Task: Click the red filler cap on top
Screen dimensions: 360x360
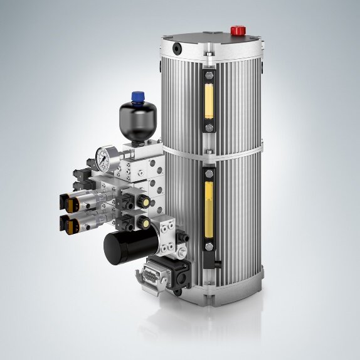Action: click(238, 30)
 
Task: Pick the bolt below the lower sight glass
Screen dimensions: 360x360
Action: click(208, 258)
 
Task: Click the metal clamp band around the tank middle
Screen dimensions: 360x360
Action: click(238, 151)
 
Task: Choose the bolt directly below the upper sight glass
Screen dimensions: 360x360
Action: click(209, 129)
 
